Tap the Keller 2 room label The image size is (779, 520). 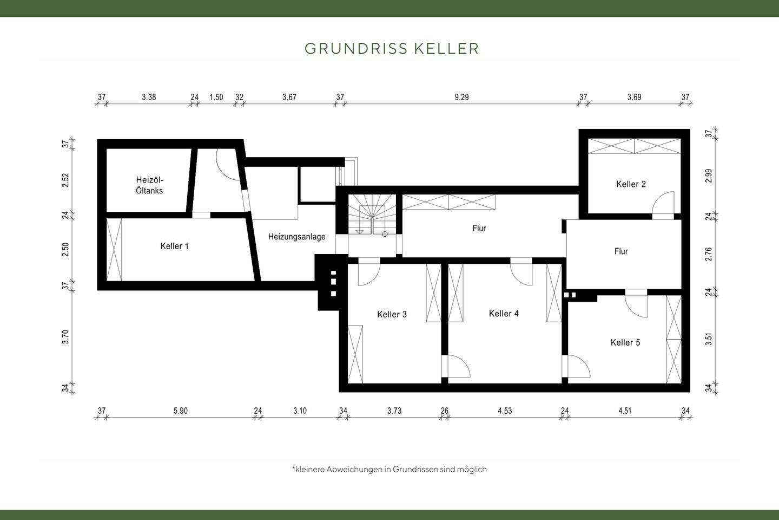pos(631,184)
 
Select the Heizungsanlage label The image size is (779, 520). pos(297,237)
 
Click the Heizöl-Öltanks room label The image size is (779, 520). pos(149,185)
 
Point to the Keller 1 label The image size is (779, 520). pos(175,246)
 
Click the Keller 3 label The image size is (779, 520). pos(392,314)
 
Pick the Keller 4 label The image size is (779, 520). pos(504,314)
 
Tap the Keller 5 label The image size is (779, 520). pos(625,342)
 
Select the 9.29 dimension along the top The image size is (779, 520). pos(461,97)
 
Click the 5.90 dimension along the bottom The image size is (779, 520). pos(181,411)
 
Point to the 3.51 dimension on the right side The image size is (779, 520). pos(709,340)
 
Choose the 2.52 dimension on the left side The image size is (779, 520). pos(65,180)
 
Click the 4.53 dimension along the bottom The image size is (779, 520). pos(505,411)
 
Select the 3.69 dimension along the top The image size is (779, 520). pos(634,97)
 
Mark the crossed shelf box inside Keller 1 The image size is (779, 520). pos(115,249)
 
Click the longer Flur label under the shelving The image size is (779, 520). pos(479,228)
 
